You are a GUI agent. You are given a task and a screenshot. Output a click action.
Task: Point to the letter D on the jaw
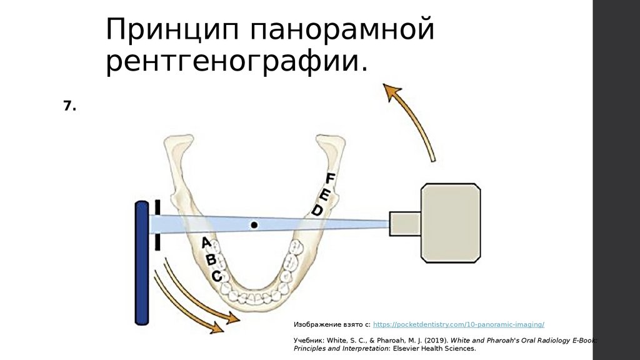point(317,210)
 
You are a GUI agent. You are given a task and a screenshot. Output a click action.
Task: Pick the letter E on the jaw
point(324,194)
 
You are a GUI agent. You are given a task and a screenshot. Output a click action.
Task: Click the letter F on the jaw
point(331,178)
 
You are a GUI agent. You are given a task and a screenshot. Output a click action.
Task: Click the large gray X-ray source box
point(450,222)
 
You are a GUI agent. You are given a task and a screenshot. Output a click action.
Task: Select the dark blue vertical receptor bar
point(142,262)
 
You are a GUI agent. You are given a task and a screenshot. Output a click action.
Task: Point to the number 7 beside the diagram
point(69,107)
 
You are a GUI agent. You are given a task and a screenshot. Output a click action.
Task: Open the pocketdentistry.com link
point(458,325)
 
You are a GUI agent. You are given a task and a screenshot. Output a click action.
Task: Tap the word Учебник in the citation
point(307,341)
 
